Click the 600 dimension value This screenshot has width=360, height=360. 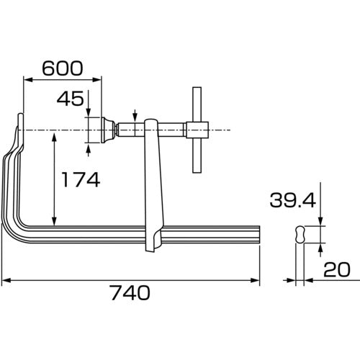[x=63, y=68]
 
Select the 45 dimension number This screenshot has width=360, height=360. [x=71, y=99]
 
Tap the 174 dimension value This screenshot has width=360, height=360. [x=81, y=179]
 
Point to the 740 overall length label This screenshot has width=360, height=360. [x=130, y=293]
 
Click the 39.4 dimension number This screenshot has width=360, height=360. [x=292, y=200]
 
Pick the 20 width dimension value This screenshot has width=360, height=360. [x=337, y=269]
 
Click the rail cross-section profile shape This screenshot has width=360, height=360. [x=300, y=235]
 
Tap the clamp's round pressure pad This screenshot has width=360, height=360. [x=108, y=130]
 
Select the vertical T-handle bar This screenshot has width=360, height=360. [x=197, y=130]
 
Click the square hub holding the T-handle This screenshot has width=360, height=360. [x=197, y=130]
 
